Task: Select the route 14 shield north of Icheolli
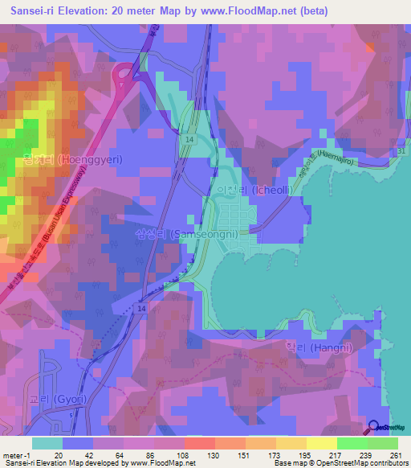pyautogui.click(x=189, y=139)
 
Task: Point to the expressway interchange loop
pyautogui.click(x=127, y=78)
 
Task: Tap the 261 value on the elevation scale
pyautogui.click(x=396, y=455)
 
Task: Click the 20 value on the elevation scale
pyautogui.click(x=57, y=455)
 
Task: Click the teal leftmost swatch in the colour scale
pyautogui.click(x=47, y=443)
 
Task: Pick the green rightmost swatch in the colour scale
pyautogui.click(x=383, y=443)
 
